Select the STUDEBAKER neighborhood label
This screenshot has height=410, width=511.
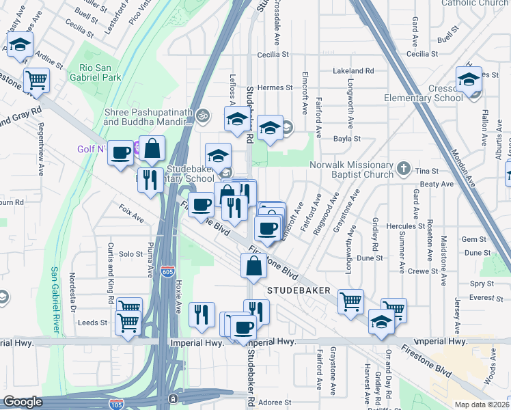[299, 290]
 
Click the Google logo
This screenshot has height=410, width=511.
[23, 402]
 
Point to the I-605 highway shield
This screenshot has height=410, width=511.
[168, 272]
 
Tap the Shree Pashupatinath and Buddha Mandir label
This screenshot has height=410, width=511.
[147, 117]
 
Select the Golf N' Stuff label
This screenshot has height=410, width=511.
[91, 148]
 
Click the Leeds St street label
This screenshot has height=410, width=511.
[93, 323]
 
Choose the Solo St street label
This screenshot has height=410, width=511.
[130, 254]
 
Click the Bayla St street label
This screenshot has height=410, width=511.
[346, 139]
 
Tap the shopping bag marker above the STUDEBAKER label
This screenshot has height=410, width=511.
[253, 266]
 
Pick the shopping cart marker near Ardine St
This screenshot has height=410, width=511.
[36, 79]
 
